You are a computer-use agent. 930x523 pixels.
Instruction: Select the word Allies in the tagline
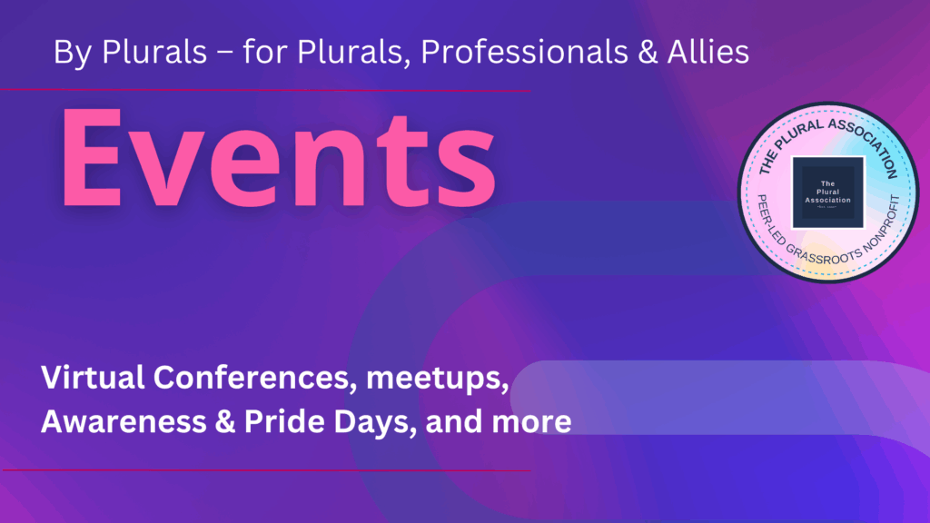coord(705,53)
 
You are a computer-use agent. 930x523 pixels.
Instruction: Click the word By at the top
coord(71,53)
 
